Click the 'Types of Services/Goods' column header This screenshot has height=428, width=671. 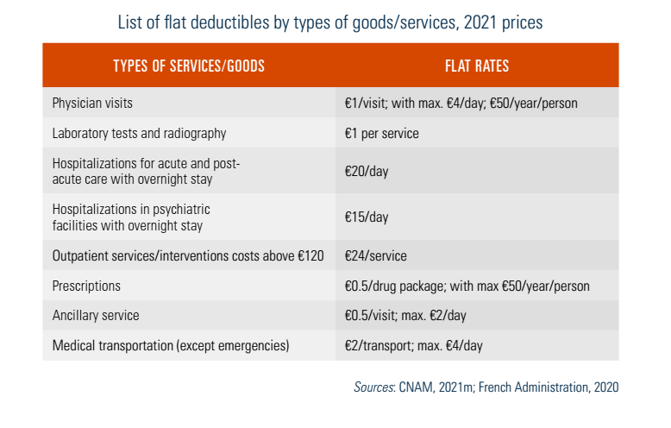tap(188, 66)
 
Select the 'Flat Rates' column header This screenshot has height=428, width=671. tap(476, 66)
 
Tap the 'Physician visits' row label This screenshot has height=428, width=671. tap(92, 103)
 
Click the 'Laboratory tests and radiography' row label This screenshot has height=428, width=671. tap(139, 134)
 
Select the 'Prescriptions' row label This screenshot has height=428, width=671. tap(86, 286)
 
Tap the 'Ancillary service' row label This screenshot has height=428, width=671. tap(95, 316)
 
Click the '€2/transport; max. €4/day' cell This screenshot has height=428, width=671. tap(414, 346)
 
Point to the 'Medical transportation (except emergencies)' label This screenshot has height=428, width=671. tap(171, 346)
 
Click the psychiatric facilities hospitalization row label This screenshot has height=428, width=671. tap(131, 217)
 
